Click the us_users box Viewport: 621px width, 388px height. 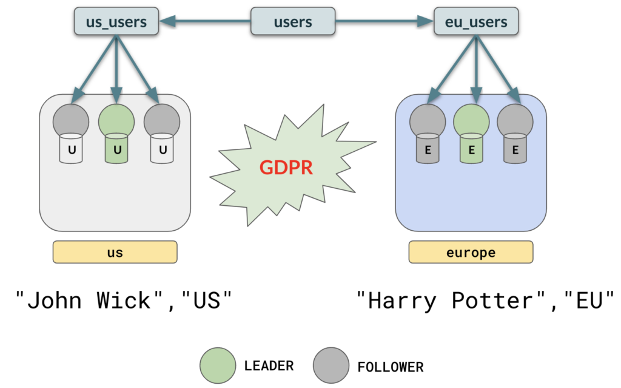coord(116,22)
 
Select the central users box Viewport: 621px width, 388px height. coord(293,22)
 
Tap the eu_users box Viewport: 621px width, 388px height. coord(476,22)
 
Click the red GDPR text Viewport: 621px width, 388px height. coord(287,167)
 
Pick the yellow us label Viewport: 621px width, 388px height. coord(115,253)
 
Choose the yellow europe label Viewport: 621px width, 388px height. coord(471,253)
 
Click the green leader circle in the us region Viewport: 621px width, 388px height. coord(116,120)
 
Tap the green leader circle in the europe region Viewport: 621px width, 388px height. coord(471,120)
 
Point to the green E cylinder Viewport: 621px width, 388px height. coord(472,150)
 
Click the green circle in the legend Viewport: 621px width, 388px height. coord(218,366)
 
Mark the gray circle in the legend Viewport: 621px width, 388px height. coord(331,366)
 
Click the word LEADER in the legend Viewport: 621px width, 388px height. coord(269,366)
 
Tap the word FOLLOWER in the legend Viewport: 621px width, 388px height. coord(391,367)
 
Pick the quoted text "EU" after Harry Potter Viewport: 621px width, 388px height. coord(588,300)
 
